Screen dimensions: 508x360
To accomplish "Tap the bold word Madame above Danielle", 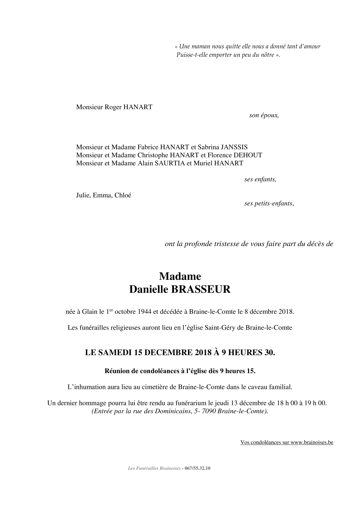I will [180, 276].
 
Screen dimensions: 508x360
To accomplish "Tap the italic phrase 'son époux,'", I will [264, 115].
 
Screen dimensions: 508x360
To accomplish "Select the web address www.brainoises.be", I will [312, 443].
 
